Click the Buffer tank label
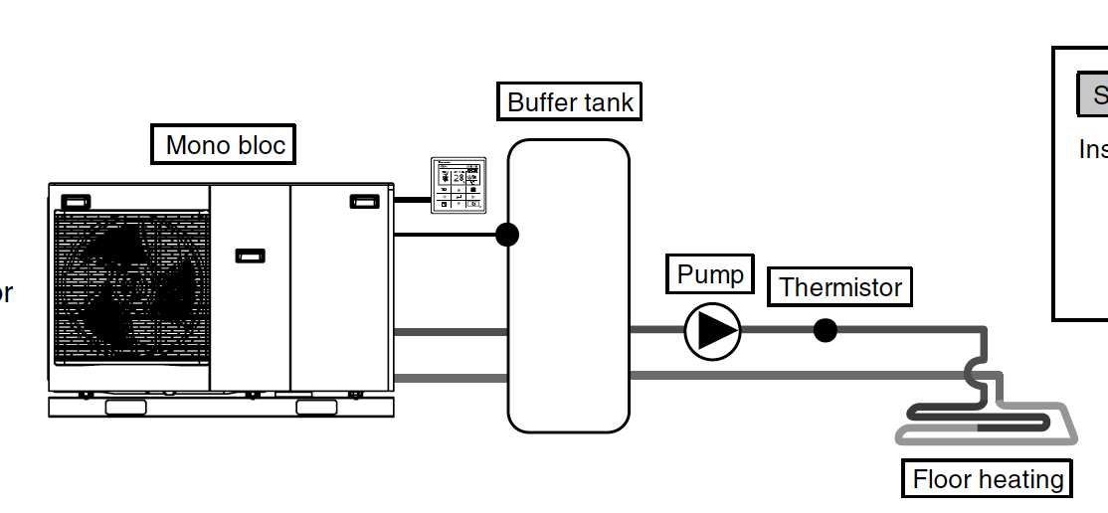570,101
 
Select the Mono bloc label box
225,145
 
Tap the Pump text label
710,274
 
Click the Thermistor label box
840,287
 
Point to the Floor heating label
988,479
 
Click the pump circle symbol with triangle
713,331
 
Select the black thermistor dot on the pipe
825,330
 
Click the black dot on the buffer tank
507,235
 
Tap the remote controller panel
458,185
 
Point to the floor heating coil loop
985,423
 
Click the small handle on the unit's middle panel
250,256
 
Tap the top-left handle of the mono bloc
76,202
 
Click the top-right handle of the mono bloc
364,201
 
